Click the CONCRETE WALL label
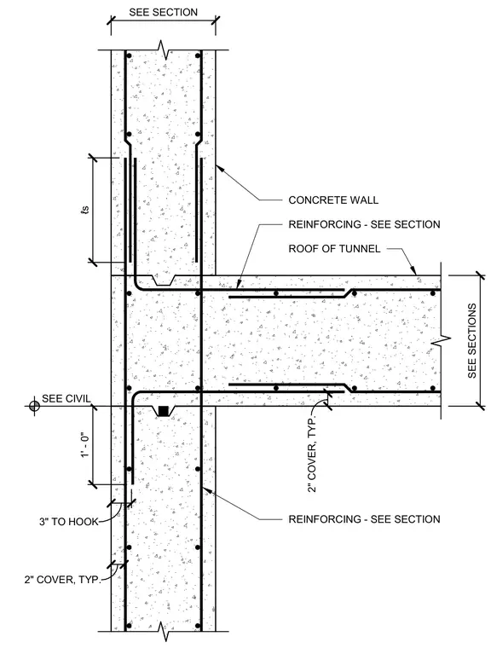[333, 200]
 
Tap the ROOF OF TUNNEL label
[334, 249]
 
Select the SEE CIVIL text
[66, 399]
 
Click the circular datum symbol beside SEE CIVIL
[34, 406]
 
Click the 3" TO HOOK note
[68, 522]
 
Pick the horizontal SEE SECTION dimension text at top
[164, 13]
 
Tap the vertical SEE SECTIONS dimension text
[472, 341]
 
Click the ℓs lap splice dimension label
[84, 210]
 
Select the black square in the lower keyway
[164, 411]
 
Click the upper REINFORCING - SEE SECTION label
[364, 224]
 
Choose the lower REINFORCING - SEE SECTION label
[364, 519]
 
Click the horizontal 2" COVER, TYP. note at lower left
[62, 580]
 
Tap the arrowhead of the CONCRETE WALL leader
[218, 167]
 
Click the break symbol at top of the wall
[164, 50]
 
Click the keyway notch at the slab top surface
[164, 281]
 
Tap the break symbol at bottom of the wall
[164, 632]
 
